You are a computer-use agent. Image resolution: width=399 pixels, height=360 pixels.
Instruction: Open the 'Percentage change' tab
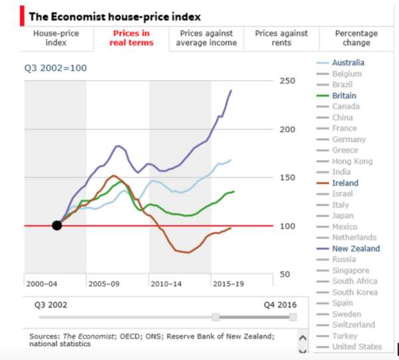click(x=356, y=38)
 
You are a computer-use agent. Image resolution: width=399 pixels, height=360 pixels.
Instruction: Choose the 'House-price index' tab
click(x=57, y=38)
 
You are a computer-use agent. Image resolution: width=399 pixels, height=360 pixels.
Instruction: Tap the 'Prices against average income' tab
click(x=206, y=38)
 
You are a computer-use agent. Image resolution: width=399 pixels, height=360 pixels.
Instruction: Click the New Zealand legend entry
click(x=356, y=248)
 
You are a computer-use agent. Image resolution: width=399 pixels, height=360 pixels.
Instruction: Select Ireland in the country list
click(x=344, y=183)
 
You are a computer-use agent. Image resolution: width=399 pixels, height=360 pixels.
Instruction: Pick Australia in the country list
click(x=348, y=63)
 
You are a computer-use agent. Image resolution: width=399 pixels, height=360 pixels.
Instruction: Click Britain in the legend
click(x=344, y=96)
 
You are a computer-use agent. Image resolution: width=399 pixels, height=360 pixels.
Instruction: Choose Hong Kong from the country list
click(x=352, y=161)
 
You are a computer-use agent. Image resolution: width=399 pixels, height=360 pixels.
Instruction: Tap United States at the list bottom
click(x=356, y=346)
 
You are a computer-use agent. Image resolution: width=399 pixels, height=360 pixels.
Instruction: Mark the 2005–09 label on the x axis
click(x=103, y=284)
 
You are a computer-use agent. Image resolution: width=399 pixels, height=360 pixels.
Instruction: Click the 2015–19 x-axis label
click(x=227, y=284)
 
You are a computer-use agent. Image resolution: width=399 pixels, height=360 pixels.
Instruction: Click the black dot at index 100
click(x=57, y=225)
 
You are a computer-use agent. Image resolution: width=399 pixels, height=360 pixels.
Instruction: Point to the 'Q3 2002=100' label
click(x=56, y=68)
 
